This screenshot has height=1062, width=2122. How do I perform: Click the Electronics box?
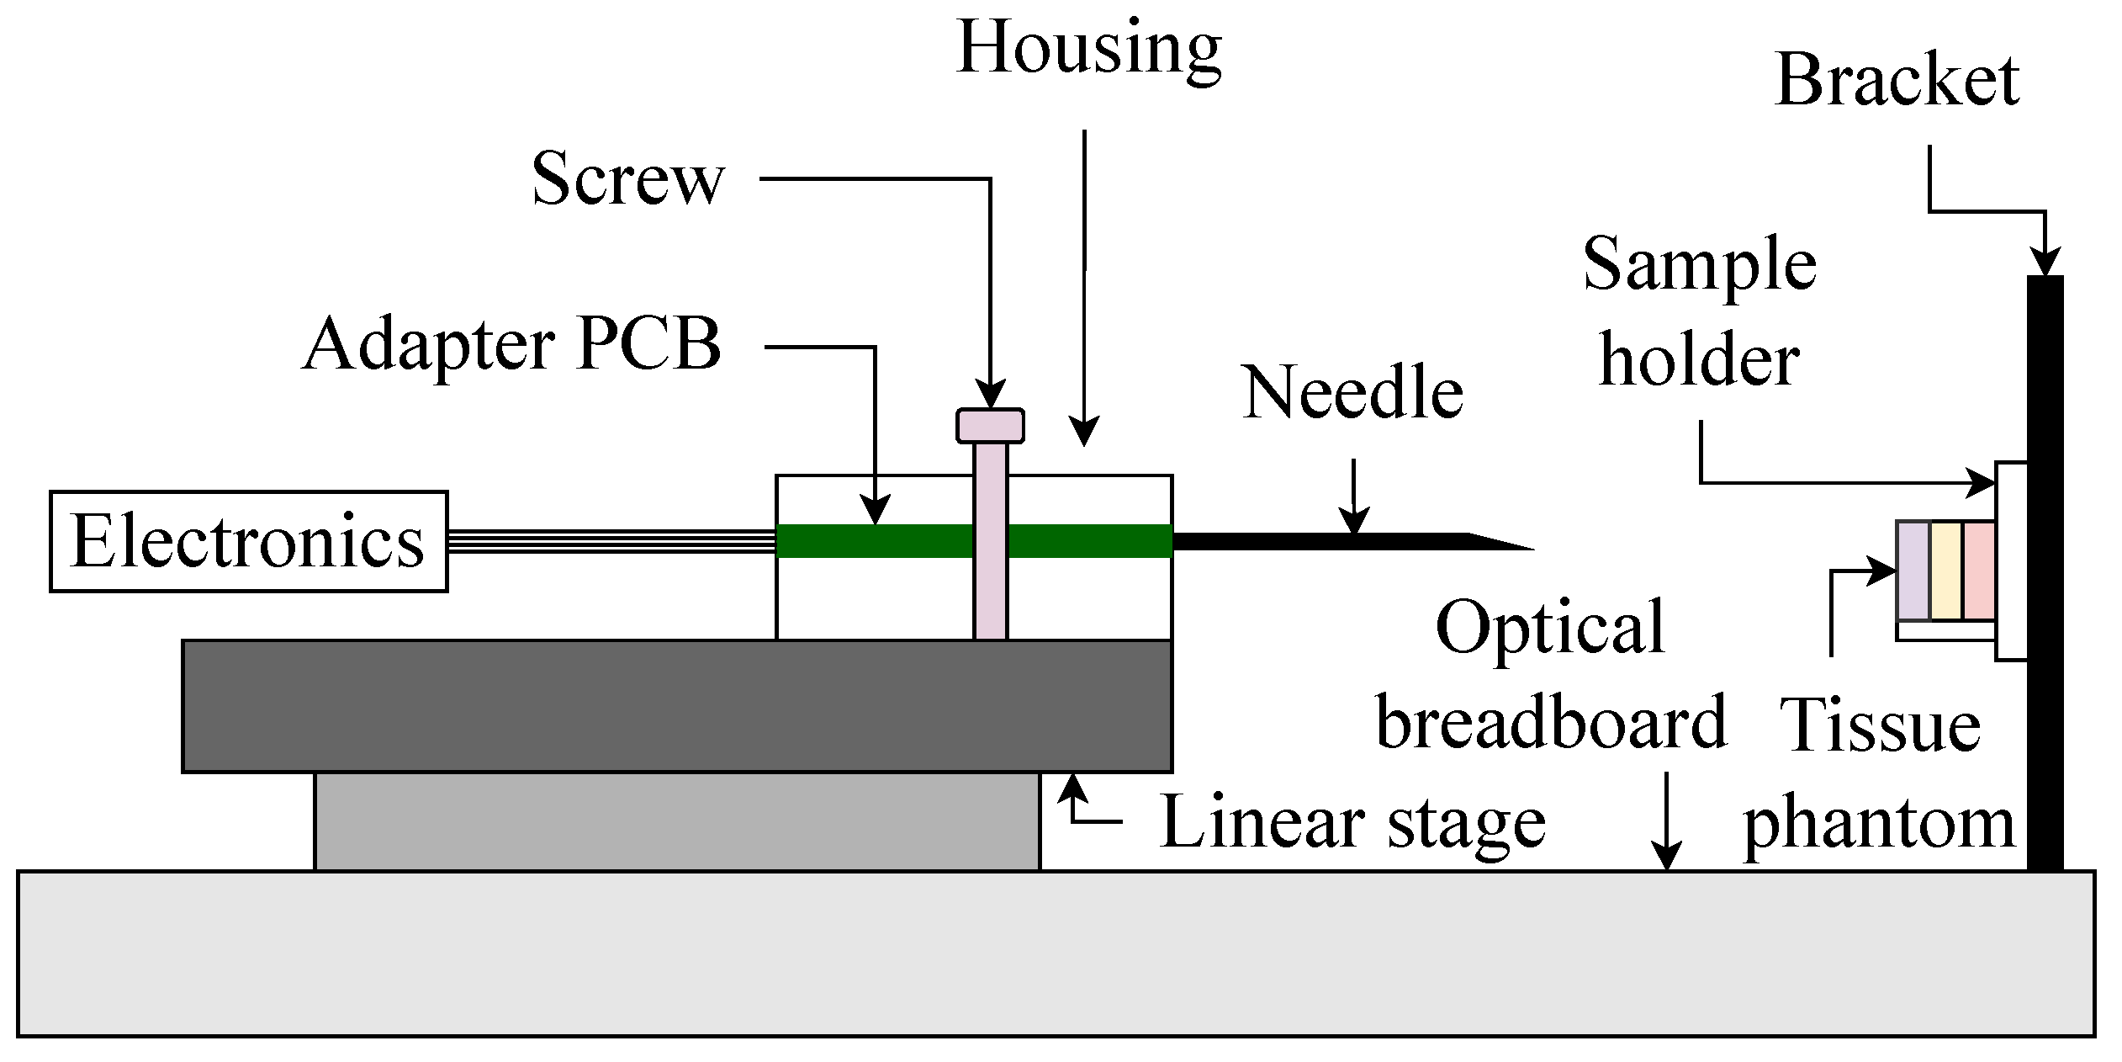click(249, 542)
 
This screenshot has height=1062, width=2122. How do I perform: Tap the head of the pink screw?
click(990, 426)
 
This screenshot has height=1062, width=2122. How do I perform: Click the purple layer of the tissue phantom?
click(1913, 571)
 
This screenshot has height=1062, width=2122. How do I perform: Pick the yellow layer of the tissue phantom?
click(1945, 571)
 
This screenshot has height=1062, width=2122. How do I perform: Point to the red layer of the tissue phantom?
click(1978, 571)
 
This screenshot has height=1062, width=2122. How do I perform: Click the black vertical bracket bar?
click(2045, 572)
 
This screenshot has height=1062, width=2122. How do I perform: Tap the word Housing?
click(1088, 49)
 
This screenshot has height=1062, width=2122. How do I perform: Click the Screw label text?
click(627, 179)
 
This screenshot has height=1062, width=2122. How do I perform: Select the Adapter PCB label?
click(512, 345)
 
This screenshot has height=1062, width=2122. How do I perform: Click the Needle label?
click(1352, 393)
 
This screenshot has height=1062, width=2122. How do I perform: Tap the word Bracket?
click(1897, 81)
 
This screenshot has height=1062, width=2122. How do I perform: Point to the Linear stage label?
click(1352, 823)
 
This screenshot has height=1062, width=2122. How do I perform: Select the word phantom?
click(1879, 825)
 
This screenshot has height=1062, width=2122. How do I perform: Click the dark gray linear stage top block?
click(677, 706)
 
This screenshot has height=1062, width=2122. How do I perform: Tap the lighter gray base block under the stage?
click(677, 820)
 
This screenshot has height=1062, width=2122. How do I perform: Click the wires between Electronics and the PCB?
click(611, 541)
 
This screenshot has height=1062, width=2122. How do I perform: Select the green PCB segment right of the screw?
click(1089, 541)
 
